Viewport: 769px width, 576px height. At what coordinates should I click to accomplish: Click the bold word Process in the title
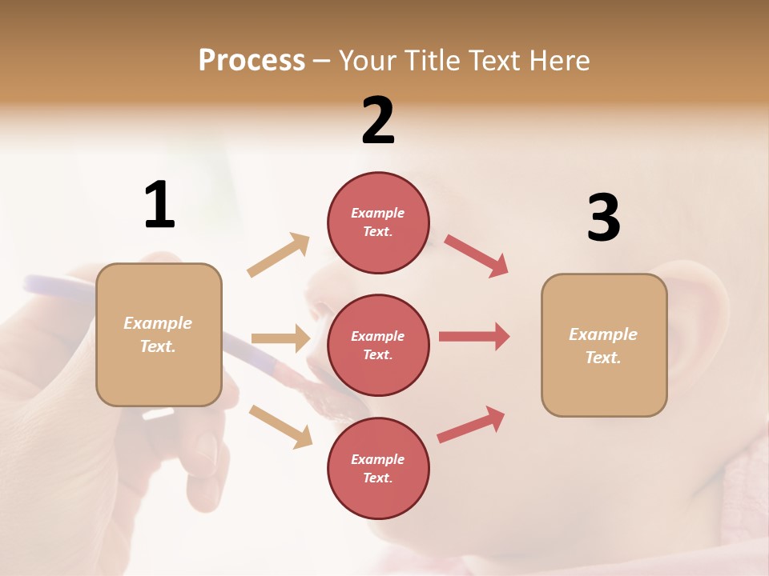click(252, 61)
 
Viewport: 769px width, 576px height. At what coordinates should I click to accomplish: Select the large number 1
click(159, 205)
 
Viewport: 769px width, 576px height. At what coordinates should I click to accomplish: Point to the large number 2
click(378, 121)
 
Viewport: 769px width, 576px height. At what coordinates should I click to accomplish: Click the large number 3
click(603, 218)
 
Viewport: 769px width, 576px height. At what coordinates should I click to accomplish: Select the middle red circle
click(378, 345)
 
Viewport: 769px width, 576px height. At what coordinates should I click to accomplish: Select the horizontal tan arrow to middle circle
click(280, 338)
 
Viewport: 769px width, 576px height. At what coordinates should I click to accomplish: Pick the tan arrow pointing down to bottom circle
click(280, 426)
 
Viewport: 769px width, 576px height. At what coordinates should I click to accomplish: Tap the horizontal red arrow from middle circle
click(474, 337)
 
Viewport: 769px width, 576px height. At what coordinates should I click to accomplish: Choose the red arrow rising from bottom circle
click(472, 424)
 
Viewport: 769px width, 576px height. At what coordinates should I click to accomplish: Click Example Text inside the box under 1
click(158, 334)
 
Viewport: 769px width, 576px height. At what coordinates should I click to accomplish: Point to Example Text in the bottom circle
click(378, 469)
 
